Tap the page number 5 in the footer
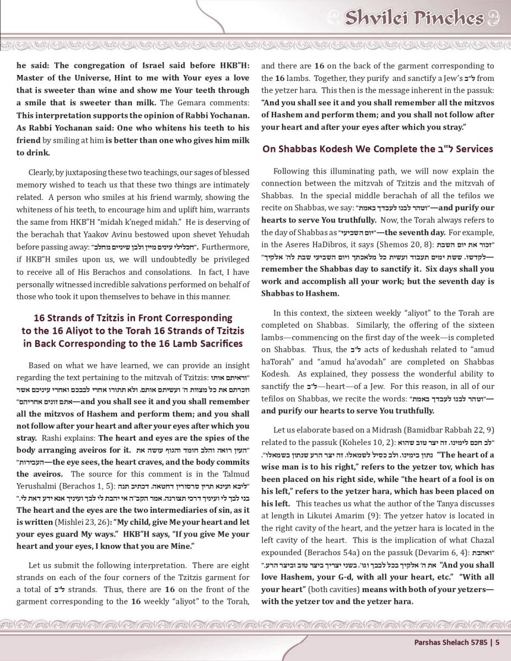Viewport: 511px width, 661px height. [497, 641]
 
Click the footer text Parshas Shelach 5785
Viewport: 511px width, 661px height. [451, 641]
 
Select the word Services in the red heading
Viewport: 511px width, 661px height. [473, 149]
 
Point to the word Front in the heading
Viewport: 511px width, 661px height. [188, 318]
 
